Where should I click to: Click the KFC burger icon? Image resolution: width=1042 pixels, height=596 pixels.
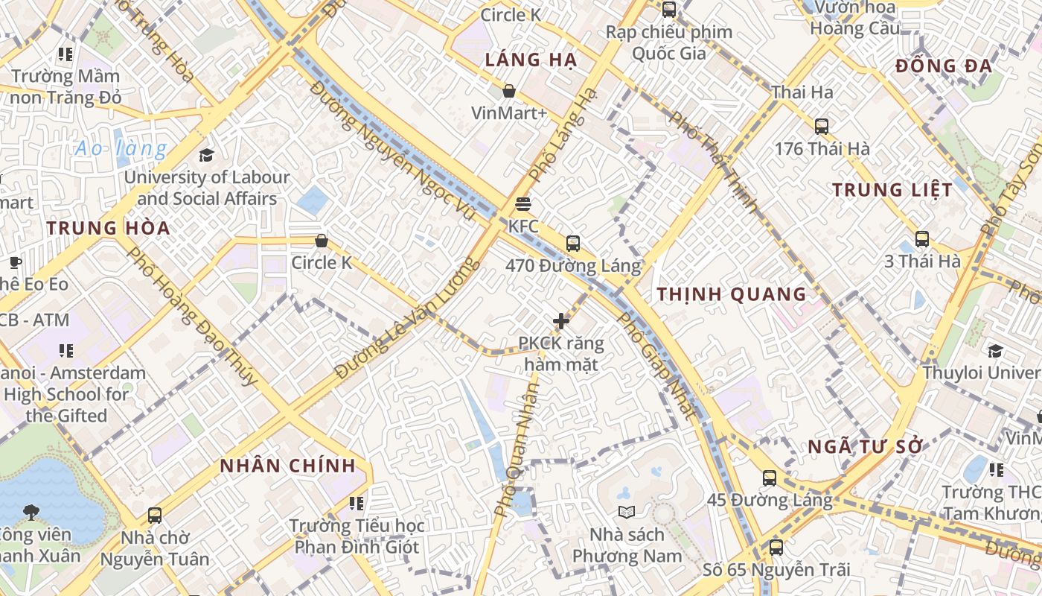(523, 204)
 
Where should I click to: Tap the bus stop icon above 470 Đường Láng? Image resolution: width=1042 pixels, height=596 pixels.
(573, 243)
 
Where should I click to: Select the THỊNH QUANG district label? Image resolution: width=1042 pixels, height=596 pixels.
(732, 294)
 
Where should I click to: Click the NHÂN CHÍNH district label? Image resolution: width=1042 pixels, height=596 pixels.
(288, 466)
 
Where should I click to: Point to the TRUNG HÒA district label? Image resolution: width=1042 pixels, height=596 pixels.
(109, 228)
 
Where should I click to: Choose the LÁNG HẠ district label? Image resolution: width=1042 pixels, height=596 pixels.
(531, 60)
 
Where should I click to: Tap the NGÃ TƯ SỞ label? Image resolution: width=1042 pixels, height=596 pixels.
(866, 447)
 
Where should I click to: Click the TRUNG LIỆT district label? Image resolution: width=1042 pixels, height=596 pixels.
(892, 190)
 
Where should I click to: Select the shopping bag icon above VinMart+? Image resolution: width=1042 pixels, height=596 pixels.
(509, 91)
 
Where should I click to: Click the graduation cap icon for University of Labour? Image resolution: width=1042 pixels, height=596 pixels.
(206, 155)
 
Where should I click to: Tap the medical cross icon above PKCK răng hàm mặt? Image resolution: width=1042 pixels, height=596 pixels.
(561, 321)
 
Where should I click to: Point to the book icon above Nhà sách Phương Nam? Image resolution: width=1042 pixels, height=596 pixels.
(627, 512)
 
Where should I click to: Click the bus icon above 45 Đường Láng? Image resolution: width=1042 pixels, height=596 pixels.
(770, 478)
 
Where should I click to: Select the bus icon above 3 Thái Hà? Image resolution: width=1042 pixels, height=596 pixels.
(922, 239)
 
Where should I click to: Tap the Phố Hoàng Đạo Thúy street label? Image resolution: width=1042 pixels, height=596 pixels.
(191, 316)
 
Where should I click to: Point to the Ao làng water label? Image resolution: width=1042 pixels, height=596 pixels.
(121, 148)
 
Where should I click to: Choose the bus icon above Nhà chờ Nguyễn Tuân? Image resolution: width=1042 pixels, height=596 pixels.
(155, 515)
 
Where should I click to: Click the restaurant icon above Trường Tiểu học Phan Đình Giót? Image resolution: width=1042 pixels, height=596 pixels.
(357, 504)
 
